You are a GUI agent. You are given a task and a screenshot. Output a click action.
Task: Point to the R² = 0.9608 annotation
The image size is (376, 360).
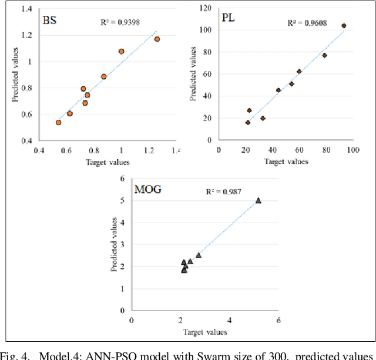tap(307, 23)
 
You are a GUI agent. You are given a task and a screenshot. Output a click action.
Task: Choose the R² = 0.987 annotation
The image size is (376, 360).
tap(223, 191)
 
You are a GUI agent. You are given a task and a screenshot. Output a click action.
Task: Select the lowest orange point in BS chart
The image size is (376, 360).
tap(59, 123)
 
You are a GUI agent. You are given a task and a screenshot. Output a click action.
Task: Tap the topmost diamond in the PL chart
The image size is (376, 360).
tap(344, 26)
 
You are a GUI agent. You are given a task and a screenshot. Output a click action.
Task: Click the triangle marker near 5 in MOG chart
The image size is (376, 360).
tap(258, 200)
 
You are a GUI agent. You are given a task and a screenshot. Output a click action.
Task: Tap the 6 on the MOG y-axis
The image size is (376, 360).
tap(122, 179)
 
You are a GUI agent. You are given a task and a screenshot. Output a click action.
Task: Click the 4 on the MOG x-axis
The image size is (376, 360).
tap(229, 320)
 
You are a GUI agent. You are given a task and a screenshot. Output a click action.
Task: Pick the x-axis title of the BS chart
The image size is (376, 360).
tap(108, 162)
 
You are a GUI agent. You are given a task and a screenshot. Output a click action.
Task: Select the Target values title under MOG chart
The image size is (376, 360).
tap(205, 332)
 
